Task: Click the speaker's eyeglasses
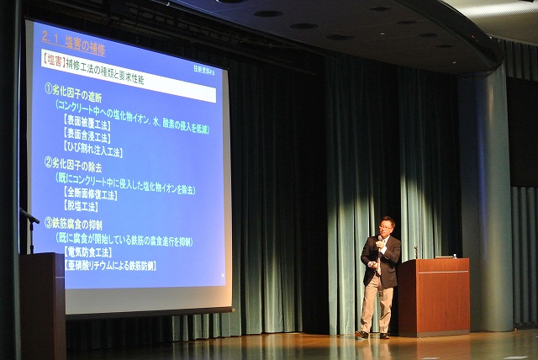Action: tap(386, 226)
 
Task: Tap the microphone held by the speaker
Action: tap(378, 241)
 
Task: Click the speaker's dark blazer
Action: tap(380, 261)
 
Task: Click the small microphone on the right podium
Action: tap(415, 251)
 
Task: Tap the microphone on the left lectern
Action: tap(29, 220)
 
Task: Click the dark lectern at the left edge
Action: tap(42, 303)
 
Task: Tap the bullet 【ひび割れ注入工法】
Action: tap(92, 151)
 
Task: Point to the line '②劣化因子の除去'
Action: tap(80, 163)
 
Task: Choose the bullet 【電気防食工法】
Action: tap(88, 251)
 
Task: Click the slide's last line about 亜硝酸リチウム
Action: tap(110, 266)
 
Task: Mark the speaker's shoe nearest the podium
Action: tap(384, 335)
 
